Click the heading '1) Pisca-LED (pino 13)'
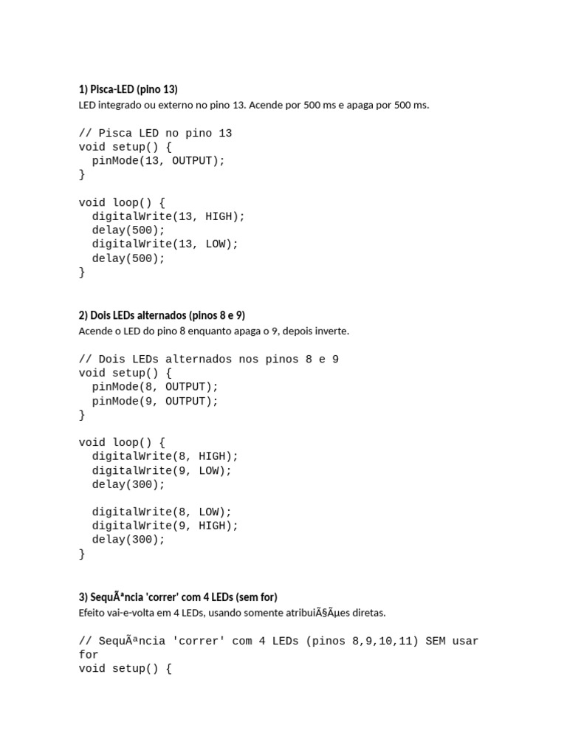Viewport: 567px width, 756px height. [x=128, y=89]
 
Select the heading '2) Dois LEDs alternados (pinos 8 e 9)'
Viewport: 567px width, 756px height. [x=162, y=315]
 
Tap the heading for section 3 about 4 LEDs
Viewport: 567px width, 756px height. [x=178, y=597]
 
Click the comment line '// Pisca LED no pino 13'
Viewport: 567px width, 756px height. [x=155, y=134]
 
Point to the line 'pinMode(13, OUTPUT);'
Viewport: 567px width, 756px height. [x=158, y=161]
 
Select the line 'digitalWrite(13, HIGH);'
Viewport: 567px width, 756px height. [x=168, y=216]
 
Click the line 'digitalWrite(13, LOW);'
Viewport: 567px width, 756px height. [x=165, y=244]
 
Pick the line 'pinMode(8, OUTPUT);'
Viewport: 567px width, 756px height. [x=155, y=387]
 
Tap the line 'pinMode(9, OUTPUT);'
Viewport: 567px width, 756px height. [x=155, y=401]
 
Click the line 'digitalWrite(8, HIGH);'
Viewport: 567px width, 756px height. [x=165, y=456]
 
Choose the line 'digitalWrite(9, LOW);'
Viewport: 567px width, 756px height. [x=162, y=470]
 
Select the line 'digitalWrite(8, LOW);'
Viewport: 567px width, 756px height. [x=162, y=512]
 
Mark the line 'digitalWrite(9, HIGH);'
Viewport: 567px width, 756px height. [x=165, y=526]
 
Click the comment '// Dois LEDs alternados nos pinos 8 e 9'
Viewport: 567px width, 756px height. [x=209, y=360]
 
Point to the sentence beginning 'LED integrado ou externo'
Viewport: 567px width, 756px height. [x=253, y=105]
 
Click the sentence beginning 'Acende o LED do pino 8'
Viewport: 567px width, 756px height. [x=213, y=331]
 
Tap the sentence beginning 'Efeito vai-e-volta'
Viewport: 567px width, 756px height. [x=232, y=613]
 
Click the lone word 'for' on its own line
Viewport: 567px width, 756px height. [x=89, y=655]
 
